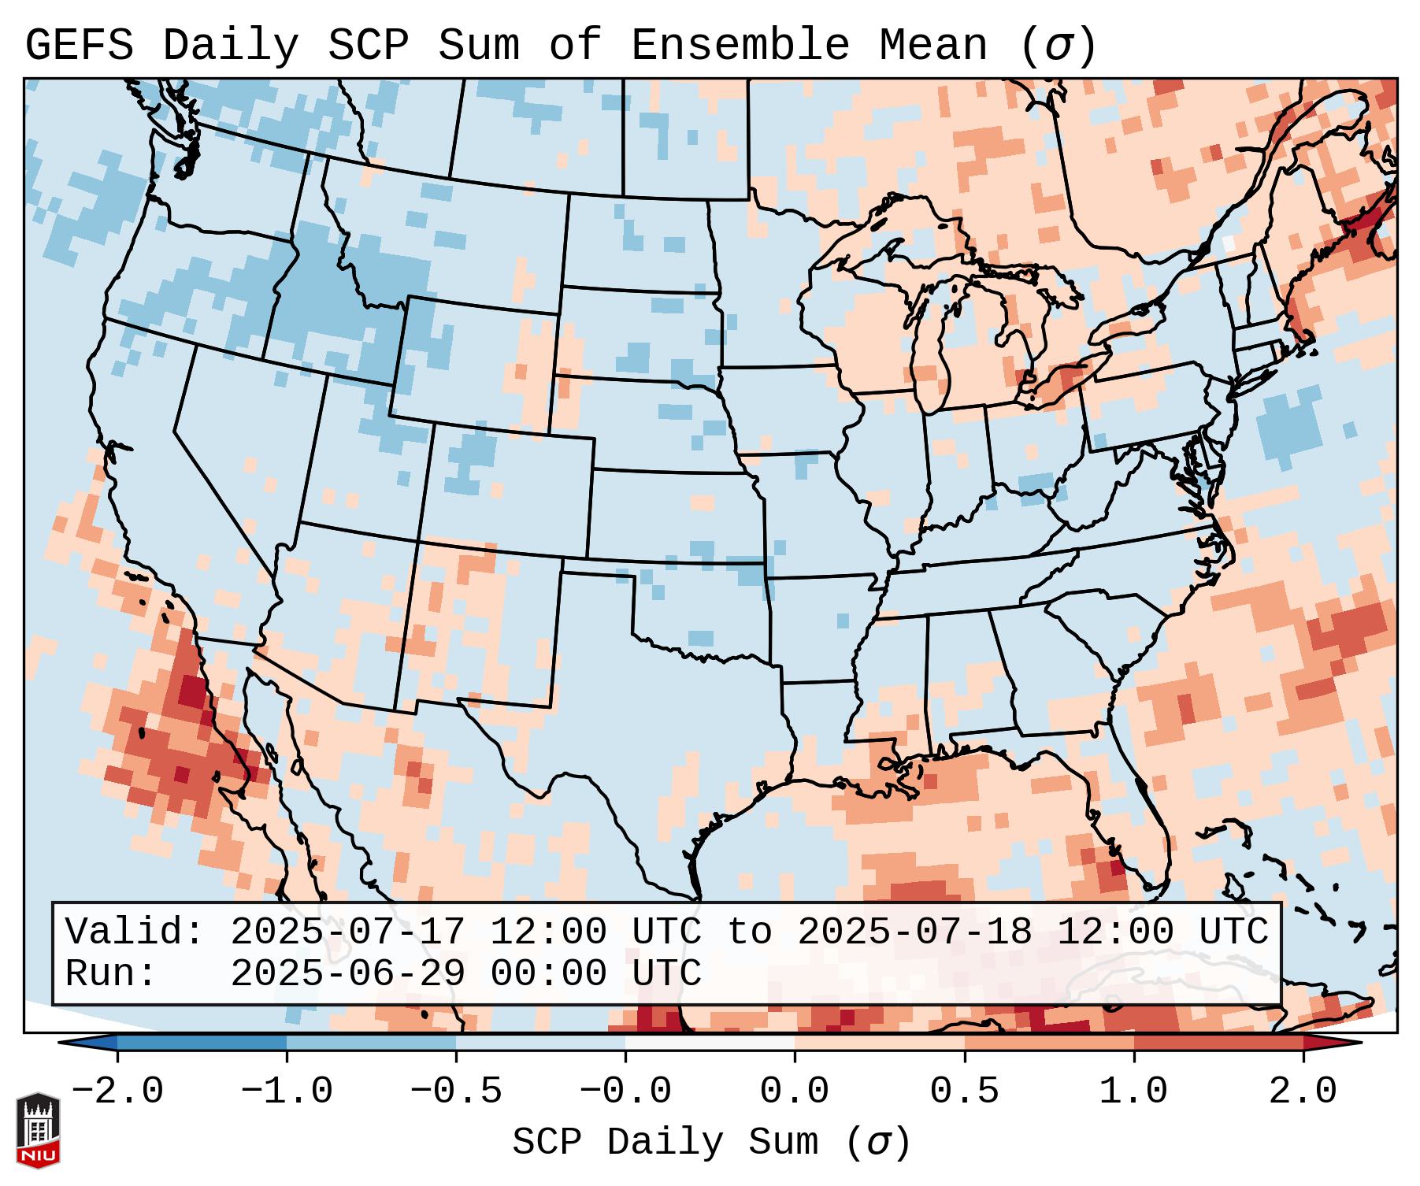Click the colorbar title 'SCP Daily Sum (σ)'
click(711, 1143)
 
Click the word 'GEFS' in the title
click(80, 46)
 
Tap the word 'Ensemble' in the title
click(740, 46)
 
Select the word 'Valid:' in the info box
click(135, 932)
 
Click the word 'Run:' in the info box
click(111, 974)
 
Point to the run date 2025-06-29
click(347, 974)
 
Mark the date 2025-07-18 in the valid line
click(914, 932)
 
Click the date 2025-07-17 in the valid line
click(347, 932)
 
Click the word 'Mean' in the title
click(932, 46)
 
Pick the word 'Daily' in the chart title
click(231, 46)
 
